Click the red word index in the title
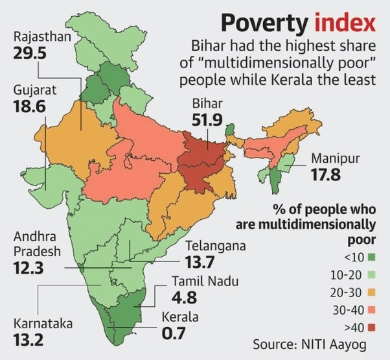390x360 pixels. [346, 23]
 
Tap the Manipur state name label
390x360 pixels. [335, 158]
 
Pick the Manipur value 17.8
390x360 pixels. [328, 174]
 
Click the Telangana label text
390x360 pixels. [215, 246]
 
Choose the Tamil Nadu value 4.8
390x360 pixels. [187, 298]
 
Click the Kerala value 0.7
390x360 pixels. [174, 334]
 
